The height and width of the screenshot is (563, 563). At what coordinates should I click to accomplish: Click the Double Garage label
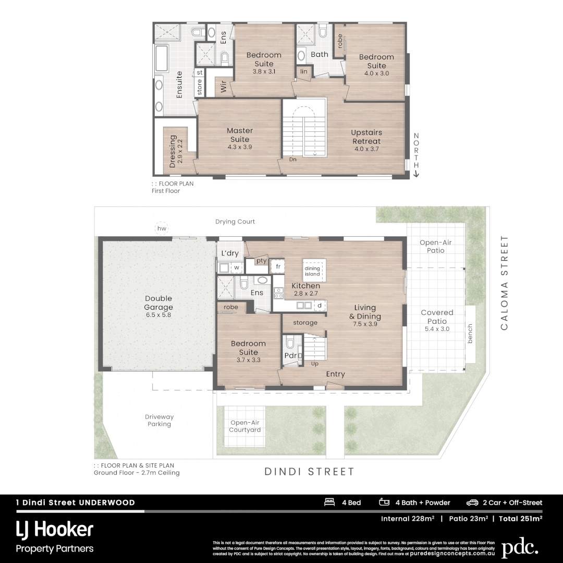[x=158, y=303]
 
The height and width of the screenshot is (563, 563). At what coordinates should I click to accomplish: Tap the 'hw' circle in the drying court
[x=162, y=228]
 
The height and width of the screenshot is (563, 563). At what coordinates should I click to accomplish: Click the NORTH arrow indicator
[x=416, y=155]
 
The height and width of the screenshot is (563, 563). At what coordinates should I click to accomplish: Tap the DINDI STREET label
[x=309, y=472]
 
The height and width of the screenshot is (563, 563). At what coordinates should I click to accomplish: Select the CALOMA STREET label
[x=504, y=283]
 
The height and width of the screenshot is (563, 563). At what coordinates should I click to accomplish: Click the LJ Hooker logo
[x=55, y=531]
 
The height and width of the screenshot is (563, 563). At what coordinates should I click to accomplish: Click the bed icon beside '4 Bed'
[x=329, y=503]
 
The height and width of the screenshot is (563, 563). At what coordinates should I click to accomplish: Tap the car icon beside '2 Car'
[x=472, y=503]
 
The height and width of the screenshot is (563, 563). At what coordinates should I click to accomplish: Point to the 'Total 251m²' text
[x=520, y=519]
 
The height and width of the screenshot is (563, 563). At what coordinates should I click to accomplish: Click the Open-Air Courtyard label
[x=245, y=426]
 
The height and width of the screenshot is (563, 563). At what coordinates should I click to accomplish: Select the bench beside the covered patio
[x=470, y=334]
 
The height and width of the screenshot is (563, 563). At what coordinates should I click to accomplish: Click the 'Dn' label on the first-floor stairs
[x=293, y=160]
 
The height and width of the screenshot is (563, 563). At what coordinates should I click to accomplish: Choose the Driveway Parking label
[x=159, y=420]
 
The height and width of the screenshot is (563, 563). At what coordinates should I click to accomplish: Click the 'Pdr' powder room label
[x=290, y=356]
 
